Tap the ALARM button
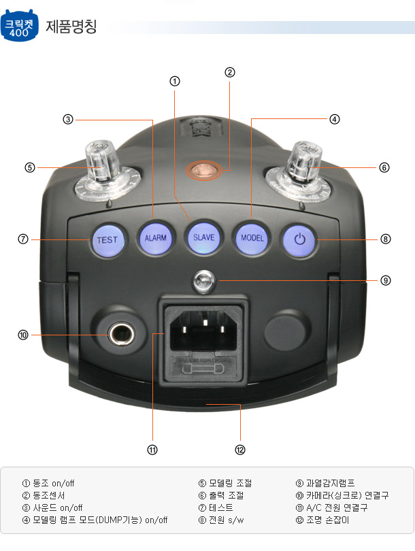point(156,238)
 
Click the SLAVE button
point(204,238)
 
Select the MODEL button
point(252,238)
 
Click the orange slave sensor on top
point(204,170)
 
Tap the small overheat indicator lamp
point(204,281)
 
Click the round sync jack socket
point(120,334)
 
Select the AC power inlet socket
point(203,331)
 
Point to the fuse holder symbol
point(203,369)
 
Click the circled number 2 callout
point(229,72)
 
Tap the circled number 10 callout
point(23,335)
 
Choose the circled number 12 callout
point(240,450)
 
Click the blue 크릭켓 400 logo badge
point(19,25)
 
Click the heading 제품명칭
point(71,27)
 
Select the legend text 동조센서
point(49,495)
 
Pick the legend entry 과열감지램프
point(331,483)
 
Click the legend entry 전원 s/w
point(227,520)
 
